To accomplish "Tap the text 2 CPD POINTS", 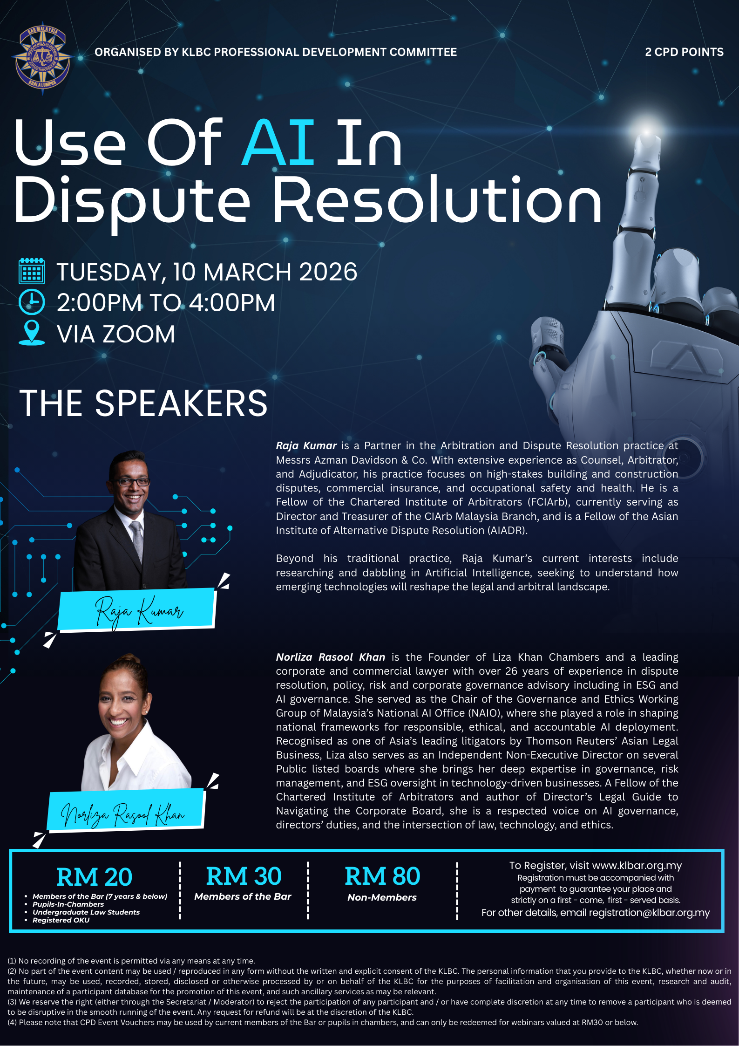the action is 684,52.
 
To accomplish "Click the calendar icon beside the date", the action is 32,271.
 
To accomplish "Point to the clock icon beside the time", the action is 32,302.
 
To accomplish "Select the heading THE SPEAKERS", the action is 143,403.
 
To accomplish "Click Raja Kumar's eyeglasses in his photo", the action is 132,482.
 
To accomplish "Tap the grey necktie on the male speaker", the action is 137,540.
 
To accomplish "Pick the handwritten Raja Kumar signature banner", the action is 137,609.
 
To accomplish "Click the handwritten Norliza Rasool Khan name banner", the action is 126,811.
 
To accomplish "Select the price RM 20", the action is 94,877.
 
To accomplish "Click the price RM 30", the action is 244,876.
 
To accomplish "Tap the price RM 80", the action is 382,876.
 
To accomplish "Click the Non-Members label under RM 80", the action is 382,897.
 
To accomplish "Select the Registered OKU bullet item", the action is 61,920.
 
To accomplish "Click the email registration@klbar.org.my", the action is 649,913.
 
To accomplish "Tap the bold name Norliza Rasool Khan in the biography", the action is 331,657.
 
